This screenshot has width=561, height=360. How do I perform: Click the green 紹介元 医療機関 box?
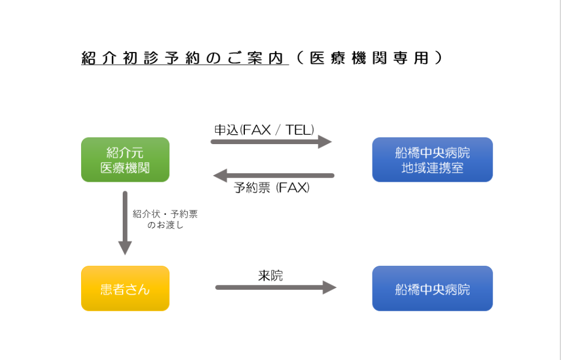(125, 159)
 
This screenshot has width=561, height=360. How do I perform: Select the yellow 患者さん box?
(125, 288)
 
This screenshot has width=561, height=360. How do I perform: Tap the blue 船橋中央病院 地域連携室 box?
(432, 159)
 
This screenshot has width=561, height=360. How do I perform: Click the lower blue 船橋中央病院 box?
(432, 288)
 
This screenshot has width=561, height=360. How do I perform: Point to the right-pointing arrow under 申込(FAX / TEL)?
(271, 142)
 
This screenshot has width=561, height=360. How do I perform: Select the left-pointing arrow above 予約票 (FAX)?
(273, 176)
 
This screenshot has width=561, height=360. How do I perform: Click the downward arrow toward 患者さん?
(125, 222)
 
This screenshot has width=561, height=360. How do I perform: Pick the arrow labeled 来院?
(276, 287)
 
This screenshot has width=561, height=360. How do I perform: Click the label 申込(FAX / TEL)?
(264, 130)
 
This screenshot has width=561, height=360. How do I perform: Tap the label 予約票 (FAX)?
(271, 188)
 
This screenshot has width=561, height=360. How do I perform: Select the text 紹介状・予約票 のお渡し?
(165, 219)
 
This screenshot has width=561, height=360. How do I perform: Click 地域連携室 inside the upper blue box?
(432, 168)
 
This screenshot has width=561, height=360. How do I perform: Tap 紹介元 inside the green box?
(125, 152)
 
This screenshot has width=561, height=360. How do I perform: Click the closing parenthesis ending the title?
(437, 58)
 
